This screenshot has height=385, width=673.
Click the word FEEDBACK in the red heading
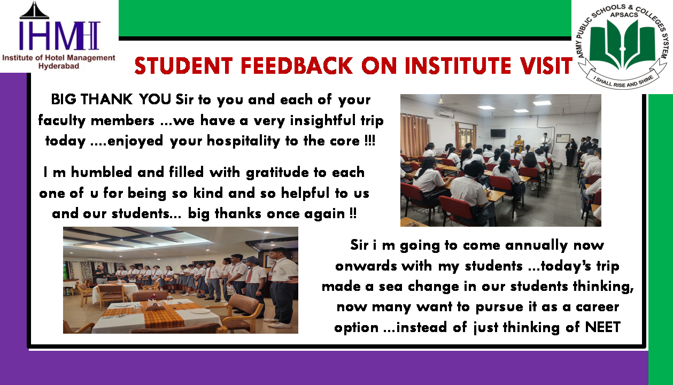click(297, 66)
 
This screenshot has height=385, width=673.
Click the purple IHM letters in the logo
click(59, 35)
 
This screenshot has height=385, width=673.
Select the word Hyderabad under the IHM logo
click(59, 66)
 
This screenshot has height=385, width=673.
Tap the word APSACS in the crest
click(624, 15)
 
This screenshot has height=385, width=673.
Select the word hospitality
click(243, 141)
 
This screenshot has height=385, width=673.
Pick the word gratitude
click(277, 173)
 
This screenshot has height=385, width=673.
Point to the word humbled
click(101, 172)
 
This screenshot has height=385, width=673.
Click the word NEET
click(602, 327)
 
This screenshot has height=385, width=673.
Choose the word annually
click(537, 245)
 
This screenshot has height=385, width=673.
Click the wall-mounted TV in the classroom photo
click(498, 133)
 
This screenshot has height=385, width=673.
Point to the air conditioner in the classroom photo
click(445, 113)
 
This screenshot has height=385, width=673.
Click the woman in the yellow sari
click(519, 144)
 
